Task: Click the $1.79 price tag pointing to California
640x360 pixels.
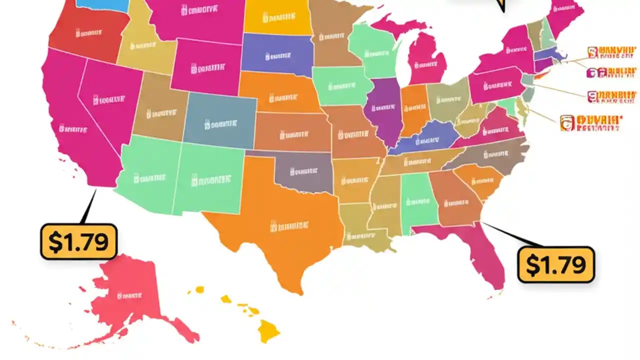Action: tap(78, 241)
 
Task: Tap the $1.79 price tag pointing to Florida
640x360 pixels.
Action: tap(556, 264)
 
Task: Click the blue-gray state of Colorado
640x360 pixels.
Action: tap(220, 122)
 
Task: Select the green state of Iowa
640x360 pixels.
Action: tap(340, 85)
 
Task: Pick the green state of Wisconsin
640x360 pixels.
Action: tap(375, 50)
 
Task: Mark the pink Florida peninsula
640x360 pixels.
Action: tap(487, 260)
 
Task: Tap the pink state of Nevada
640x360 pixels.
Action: tap(107, 100)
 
